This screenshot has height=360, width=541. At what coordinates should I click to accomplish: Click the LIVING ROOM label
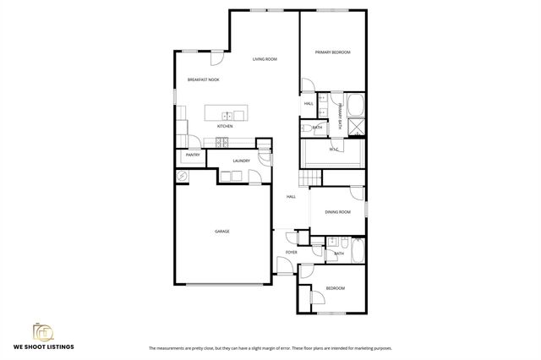(265, 59)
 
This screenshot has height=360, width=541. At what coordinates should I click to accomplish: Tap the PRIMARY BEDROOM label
(333, 52)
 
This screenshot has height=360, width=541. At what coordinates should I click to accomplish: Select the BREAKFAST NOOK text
(203, 80)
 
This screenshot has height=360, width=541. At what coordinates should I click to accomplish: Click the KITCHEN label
(224, 127)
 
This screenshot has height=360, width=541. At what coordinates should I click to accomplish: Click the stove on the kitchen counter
(226, 140)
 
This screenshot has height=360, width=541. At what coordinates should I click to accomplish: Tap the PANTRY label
(192, 155)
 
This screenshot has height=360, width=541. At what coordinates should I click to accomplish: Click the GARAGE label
(221, 231)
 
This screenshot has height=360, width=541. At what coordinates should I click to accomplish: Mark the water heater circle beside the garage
(182, 176)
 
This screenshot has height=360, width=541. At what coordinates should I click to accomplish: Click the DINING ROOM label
(337, 212)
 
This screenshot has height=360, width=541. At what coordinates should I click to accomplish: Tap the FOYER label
(291, 252)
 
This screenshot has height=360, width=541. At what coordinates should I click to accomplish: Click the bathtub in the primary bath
(356, 106)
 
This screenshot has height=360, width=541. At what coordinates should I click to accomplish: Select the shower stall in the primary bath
(357, 127)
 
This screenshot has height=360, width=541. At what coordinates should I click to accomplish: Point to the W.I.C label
(333, 150)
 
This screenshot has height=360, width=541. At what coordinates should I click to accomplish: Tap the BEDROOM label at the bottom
(336, 288)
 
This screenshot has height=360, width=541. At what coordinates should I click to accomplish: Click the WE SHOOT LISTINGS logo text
(42, 346)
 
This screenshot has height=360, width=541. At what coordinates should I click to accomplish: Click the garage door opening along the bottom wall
(221, 284)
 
